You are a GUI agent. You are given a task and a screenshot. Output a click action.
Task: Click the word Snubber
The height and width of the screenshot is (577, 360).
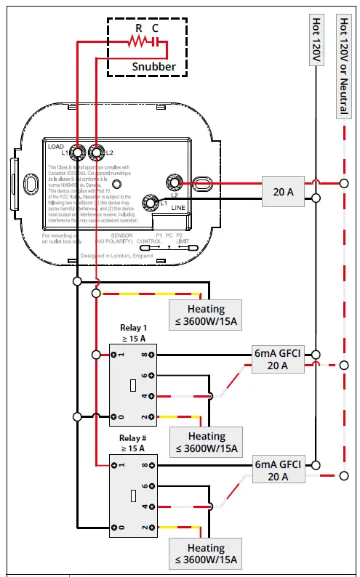tap(153, 66)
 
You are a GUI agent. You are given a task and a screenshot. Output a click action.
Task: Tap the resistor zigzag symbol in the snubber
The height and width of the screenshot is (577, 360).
tap(137, 43)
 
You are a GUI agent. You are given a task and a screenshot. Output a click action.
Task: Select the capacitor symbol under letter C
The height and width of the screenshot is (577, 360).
tap(155, 43)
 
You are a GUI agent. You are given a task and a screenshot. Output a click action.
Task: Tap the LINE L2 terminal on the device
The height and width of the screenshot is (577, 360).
tap(174, 183)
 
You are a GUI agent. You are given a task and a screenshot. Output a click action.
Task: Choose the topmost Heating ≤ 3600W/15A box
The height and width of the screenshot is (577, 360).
tap(206, 315)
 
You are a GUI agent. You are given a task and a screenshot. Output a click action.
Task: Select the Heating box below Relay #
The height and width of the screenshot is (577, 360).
tap(206, 554)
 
